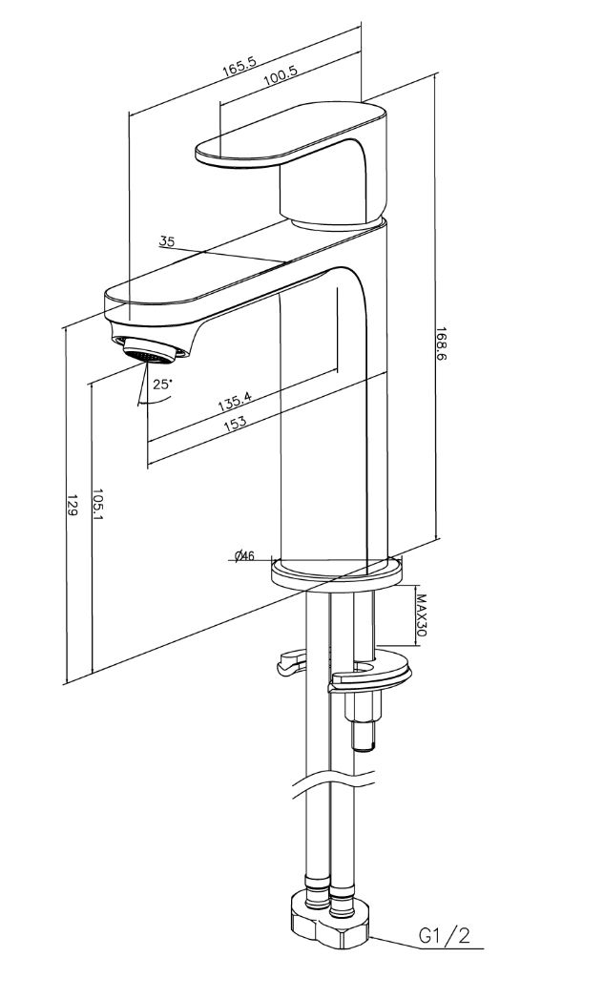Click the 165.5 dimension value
(239, 67)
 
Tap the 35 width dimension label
(166, 240)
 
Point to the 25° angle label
(163, 385)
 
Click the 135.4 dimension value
(235, 402)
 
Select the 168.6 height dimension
(441, 344)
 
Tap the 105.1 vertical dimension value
(97, 504)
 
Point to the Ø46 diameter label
(244, 556)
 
